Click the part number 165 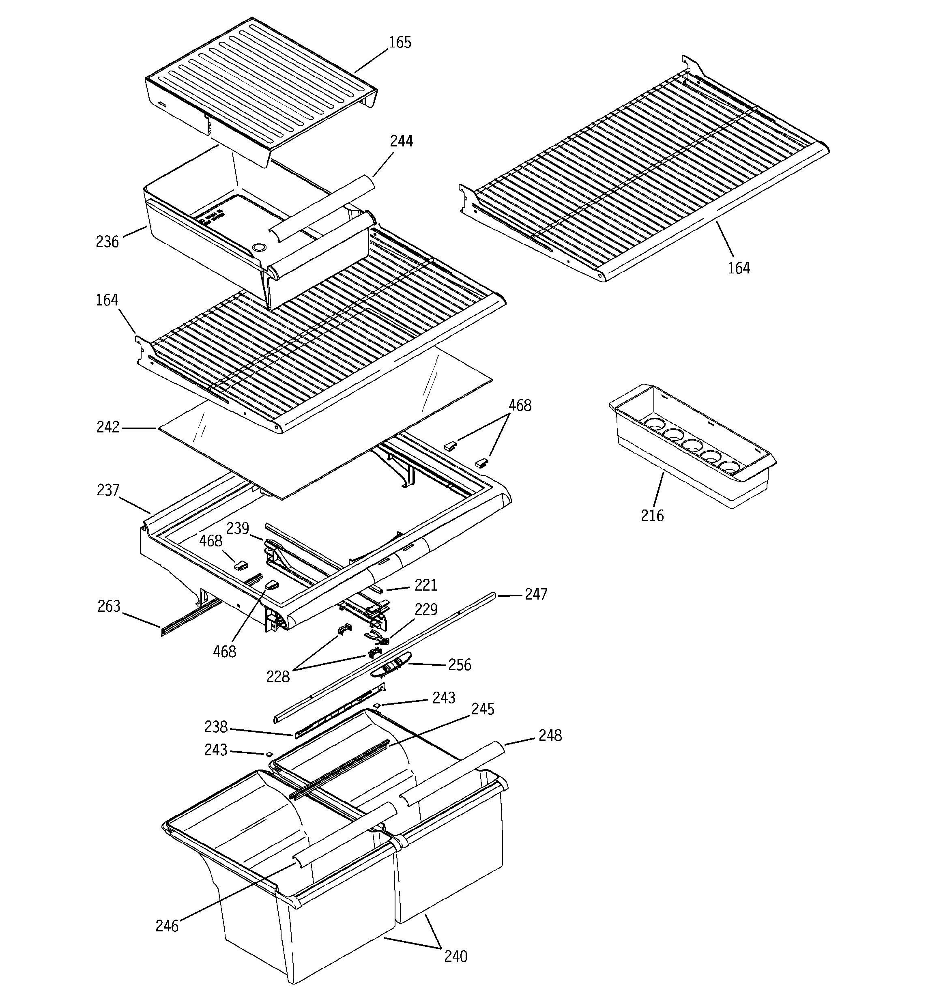point(400,43)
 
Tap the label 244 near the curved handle point(401,142)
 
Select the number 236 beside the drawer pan point(107,242)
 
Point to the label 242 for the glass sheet point(107,427)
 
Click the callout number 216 point(652,516)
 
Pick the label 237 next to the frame point(107,490)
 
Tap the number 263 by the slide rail point(109,606)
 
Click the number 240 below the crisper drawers point(455,956)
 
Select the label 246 point(167,926)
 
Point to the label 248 point(550,736)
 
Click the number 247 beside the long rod point(535,594)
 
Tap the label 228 point(277,677)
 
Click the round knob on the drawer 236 point(259,247)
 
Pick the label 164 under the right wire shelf point(739,268)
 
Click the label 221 point(425,585)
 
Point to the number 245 point(482,709)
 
